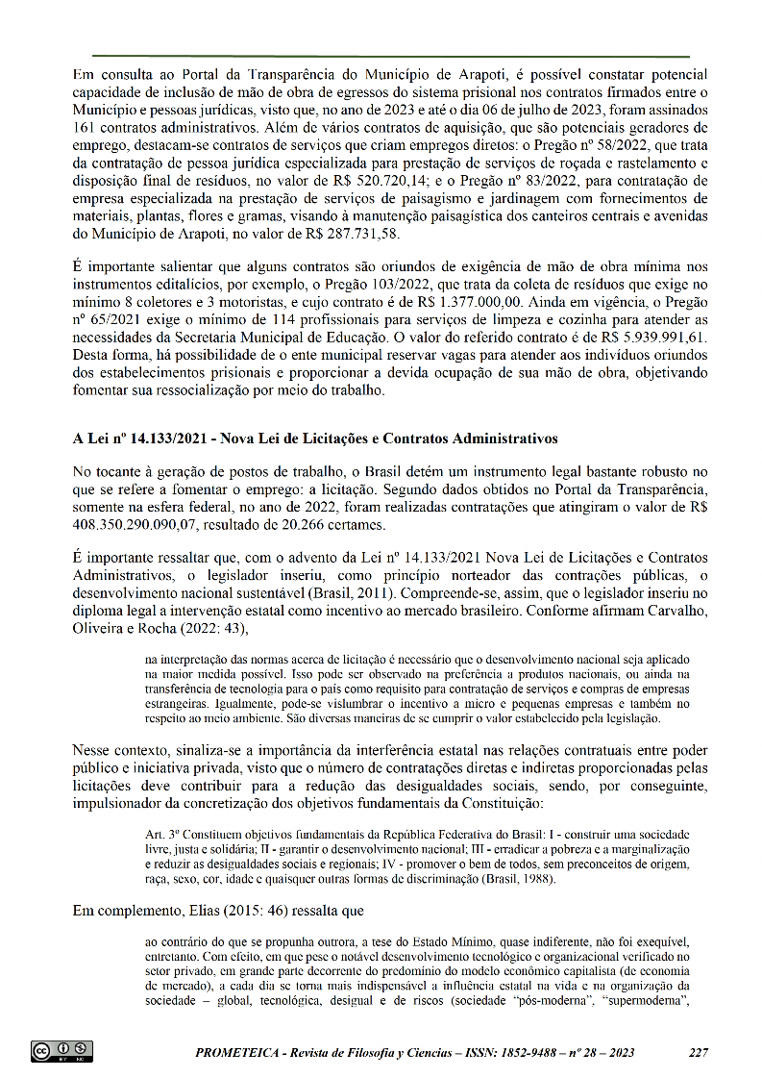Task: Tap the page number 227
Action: (x=699, y=1052)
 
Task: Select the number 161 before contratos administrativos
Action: (x=85, y=126)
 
